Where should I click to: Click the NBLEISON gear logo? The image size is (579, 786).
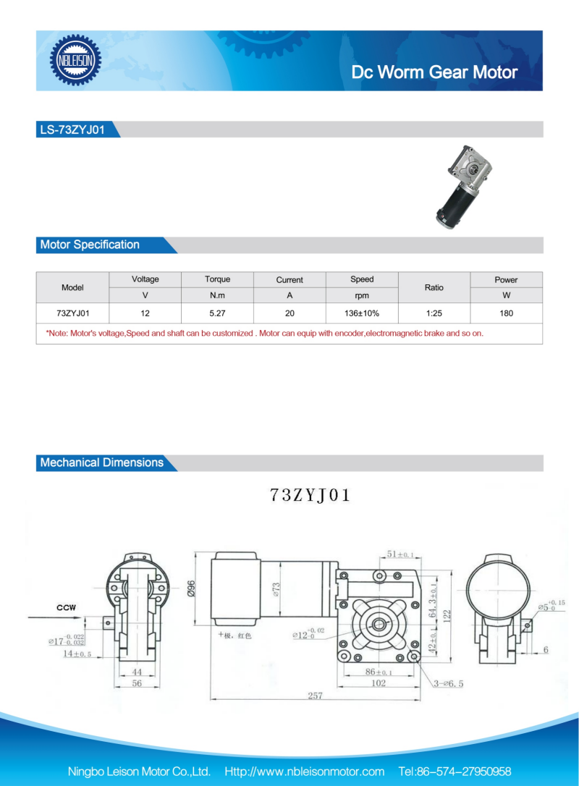[75, 60]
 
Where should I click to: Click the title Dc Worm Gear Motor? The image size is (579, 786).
[434, 72]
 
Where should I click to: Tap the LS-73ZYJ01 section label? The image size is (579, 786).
[72, 130]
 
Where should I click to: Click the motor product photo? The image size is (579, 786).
[463, 187]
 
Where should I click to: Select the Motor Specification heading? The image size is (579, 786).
[90, 245]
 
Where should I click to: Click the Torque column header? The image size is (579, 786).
[218, 279]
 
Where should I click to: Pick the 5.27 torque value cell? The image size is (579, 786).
[218, 313]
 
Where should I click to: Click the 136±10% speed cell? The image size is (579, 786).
[362, 313]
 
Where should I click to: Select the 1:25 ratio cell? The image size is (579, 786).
[434, 313]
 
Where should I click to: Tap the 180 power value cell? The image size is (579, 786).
[507, 313]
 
